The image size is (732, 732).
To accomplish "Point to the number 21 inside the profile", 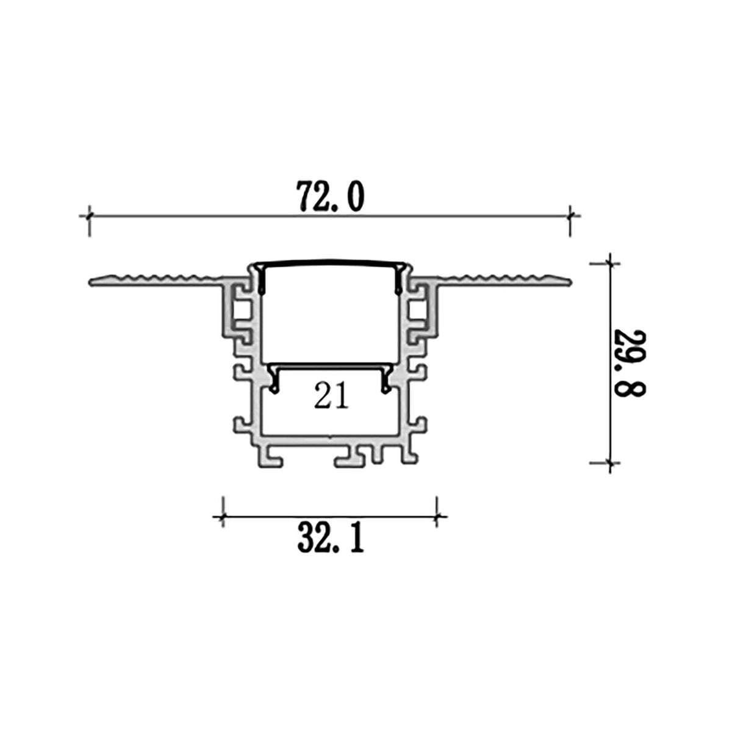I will point(331,397).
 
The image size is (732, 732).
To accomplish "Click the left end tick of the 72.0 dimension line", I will point(90,215).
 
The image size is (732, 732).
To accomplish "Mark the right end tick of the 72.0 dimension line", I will point(570,215).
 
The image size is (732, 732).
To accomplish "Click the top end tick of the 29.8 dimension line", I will point(609,264).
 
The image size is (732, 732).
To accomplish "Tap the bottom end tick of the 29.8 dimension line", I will point(609,463).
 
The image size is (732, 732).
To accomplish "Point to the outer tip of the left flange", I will point(91,282).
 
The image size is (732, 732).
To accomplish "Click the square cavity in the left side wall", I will point(242,311).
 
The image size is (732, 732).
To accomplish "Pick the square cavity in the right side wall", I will point(418,311).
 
